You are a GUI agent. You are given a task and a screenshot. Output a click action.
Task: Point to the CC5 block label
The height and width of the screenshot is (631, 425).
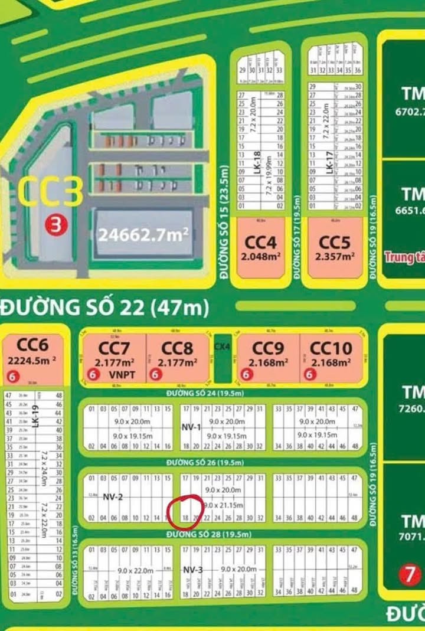coord(334,243)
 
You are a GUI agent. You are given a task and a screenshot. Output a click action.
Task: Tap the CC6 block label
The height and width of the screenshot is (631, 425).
coord(32,345)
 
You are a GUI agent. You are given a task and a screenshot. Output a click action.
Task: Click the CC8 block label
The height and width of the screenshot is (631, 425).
coord(178,349)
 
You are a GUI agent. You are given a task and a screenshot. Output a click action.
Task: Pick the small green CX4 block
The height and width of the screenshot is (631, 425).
coord(222,358)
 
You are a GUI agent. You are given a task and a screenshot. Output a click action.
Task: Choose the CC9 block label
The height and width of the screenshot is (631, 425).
coord(268,348)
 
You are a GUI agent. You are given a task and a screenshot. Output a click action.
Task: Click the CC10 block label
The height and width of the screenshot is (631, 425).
coord(331,348)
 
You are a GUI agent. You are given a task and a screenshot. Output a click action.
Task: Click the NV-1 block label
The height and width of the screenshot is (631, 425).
coord(191,427)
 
